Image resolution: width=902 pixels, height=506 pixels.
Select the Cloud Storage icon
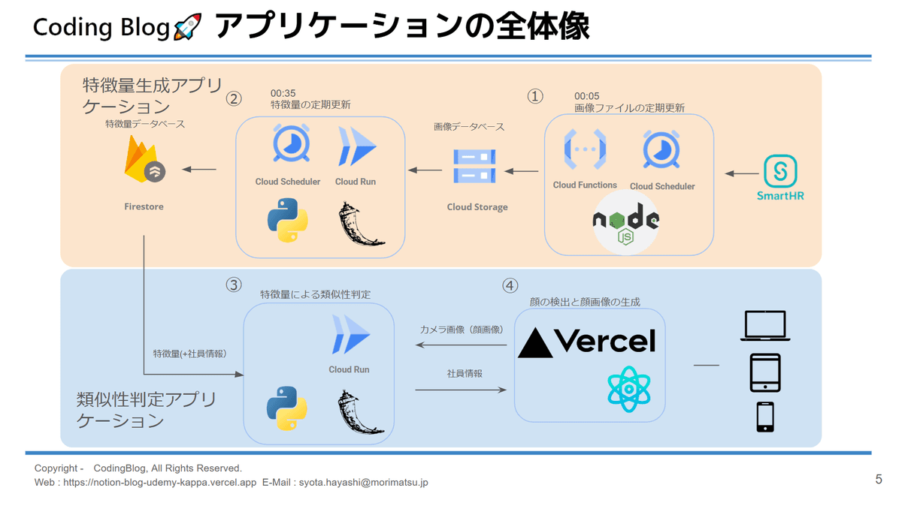point(474,166)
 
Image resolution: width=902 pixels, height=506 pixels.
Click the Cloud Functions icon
point(585,150)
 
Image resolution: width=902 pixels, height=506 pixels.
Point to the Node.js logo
point(625,223)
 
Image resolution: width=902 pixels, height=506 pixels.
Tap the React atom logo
point(628,390)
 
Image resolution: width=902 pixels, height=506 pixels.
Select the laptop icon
point(764,327)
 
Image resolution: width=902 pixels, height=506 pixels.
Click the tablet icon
point(765,372)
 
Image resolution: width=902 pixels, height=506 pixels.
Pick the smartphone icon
point(765,417)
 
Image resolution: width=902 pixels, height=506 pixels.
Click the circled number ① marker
point(535,96)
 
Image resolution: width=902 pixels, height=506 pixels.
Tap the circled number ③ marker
point(234,285)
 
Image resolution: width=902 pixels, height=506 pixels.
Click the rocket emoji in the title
point(187,28)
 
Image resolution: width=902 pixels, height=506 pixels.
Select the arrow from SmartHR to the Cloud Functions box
point(742,173)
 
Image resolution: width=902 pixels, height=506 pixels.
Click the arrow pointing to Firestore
point(199,170)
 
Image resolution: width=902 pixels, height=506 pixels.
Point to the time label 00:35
point(283,93)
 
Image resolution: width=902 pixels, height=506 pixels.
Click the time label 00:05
point(586,96)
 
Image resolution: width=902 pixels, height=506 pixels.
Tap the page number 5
point(879,479)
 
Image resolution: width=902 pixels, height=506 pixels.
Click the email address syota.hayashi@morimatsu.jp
point(364,483)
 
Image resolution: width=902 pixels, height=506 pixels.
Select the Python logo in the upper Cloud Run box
point(287,220)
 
